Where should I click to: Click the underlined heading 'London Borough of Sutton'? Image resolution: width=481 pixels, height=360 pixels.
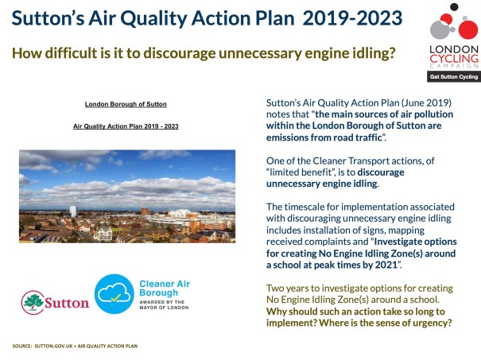pos(126,104)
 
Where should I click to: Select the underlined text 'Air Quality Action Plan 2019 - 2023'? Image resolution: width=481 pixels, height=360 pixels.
pos(126,126)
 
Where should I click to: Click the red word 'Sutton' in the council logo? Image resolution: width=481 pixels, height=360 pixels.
pos(67,304)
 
